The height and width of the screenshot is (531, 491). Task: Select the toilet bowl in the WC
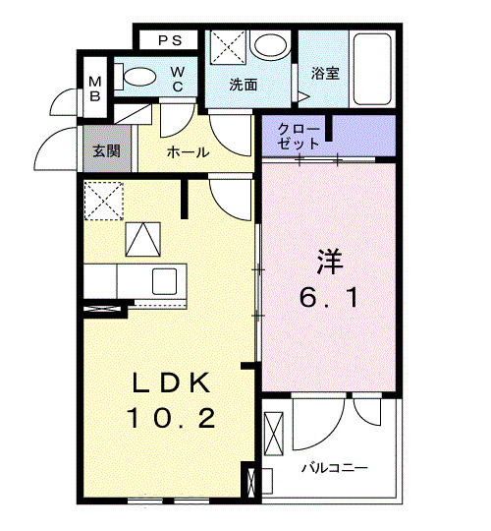point(137,77)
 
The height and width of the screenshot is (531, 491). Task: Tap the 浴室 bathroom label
point(326,73)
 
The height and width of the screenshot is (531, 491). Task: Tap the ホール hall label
point(187,152)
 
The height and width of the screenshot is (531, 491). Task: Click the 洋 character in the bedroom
point(329,262)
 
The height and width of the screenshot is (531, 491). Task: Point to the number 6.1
point(329,296)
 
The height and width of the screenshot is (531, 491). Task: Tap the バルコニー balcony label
point(335,467)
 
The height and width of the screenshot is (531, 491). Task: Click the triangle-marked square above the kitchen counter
point(141,239)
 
